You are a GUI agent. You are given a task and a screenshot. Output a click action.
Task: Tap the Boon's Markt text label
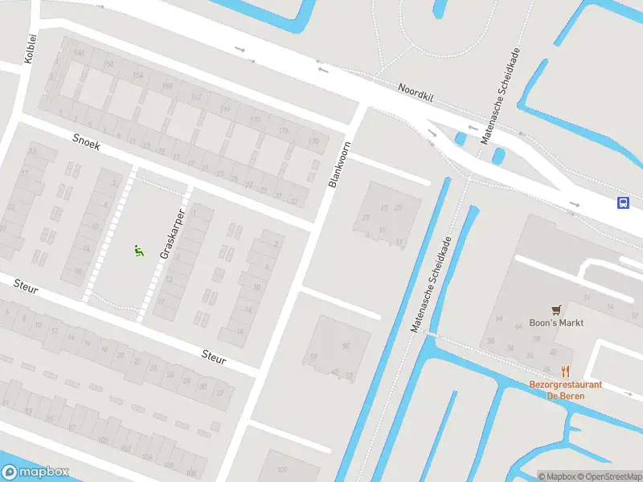(x=556, y=323)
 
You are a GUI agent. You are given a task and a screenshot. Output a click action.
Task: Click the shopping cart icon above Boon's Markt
(x=556, y=309)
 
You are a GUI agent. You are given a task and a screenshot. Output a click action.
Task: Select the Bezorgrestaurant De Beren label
(x=565, y=390)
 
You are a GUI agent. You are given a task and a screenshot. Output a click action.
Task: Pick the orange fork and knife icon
(x=565, y=372)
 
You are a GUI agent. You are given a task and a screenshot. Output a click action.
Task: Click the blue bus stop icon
(x=623, y=202)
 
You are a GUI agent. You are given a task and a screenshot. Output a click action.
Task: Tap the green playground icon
(x=138, y=251)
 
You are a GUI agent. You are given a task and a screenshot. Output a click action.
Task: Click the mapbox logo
(x=35, y=472)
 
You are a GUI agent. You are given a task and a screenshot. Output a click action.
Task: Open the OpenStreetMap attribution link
(x=608, y=476)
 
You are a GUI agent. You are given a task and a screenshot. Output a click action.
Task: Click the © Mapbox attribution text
(x=557, y=476)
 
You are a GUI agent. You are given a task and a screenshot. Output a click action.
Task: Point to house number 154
(x=137, y=75)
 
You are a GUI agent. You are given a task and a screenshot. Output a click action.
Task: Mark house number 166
(x=225, y=108)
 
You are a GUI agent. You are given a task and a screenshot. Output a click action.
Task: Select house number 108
(x=190, y=474)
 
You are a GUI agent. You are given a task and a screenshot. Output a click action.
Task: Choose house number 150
(x=109, y=63)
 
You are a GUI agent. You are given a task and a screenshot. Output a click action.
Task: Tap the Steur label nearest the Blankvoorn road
(x=214, y=355)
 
